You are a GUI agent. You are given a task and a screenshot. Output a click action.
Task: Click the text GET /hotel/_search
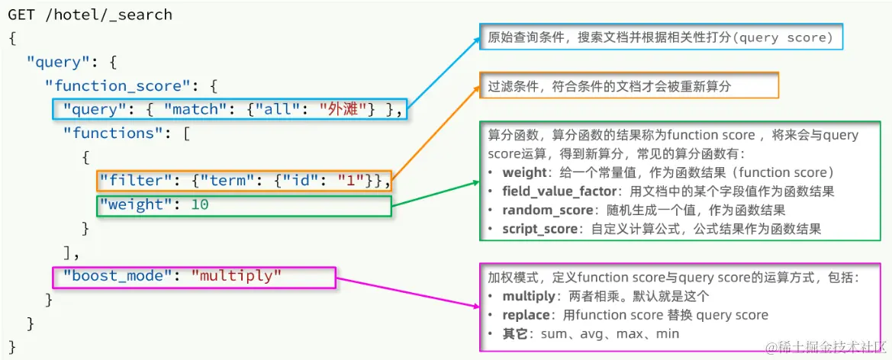point(90,14)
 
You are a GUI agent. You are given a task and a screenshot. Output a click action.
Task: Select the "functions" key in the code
point(121,133)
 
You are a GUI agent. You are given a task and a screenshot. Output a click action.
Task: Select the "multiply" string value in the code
point(237,275)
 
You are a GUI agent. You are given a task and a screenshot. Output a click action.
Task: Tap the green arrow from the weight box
point(435,194)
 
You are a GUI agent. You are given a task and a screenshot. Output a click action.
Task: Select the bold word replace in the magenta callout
point(526,315)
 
